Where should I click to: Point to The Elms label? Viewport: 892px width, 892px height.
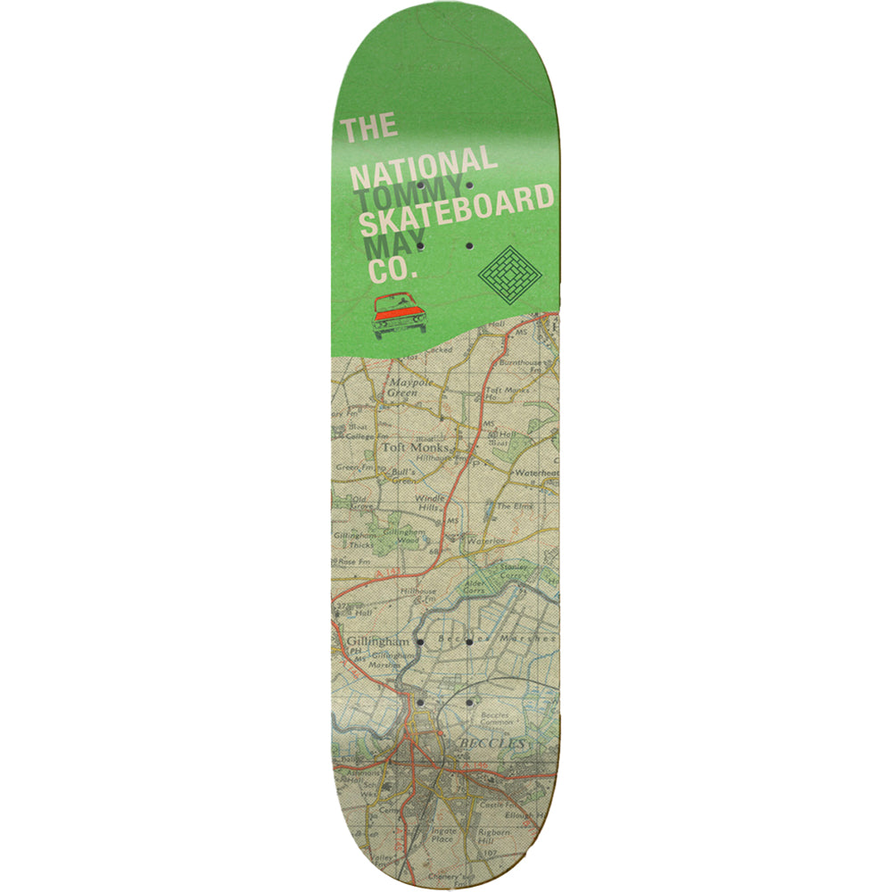tap(516, 506)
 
